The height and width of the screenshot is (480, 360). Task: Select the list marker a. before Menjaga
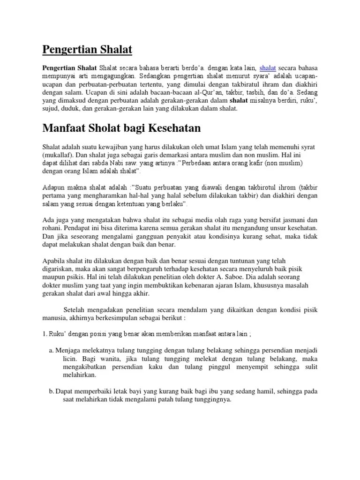(x=51, y=350)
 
